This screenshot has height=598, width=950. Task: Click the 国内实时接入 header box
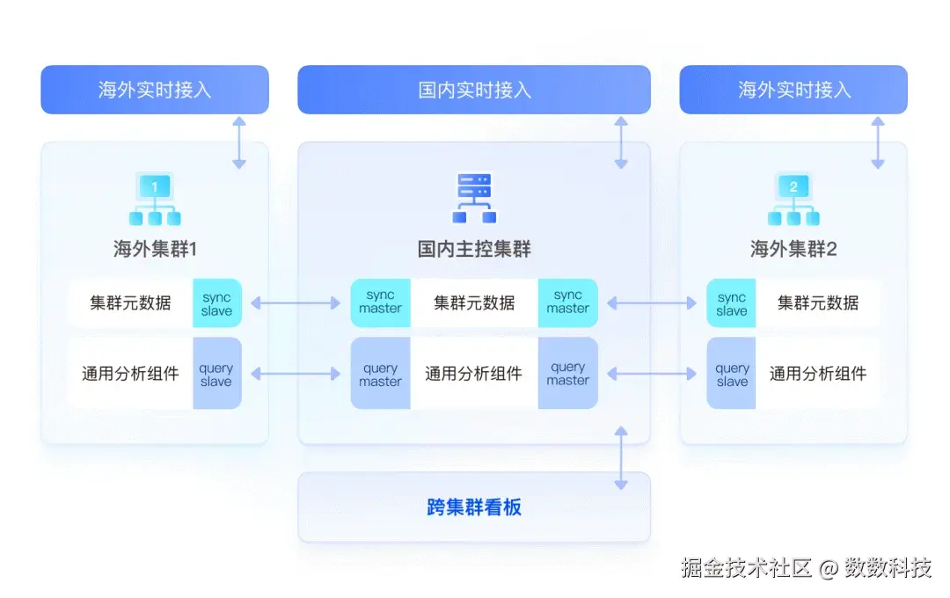474,90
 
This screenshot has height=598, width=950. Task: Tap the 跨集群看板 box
474,507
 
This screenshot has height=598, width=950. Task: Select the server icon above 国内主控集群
475,198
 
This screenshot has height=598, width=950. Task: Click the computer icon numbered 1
155,200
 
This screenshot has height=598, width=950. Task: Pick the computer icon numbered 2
793,200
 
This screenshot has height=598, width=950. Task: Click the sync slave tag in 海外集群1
217,303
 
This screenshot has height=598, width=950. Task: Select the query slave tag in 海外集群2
732,374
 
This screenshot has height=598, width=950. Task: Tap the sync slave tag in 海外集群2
732,303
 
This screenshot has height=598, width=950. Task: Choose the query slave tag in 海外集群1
217,374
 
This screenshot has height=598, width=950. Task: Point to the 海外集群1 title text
155,249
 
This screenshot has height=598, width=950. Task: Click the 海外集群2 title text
793,249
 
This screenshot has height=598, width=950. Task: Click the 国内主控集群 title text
474,249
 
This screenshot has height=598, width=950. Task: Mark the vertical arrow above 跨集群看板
621,457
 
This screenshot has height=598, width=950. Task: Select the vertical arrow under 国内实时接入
621,141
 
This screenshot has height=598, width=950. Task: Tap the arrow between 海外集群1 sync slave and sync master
296,303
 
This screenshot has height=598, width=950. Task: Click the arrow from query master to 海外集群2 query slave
652,374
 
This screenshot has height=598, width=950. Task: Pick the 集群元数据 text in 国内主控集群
474,303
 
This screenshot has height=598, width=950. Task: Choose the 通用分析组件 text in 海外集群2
818,374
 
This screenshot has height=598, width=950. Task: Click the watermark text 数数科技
888,568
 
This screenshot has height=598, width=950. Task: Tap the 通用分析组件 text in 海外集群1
130,374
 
